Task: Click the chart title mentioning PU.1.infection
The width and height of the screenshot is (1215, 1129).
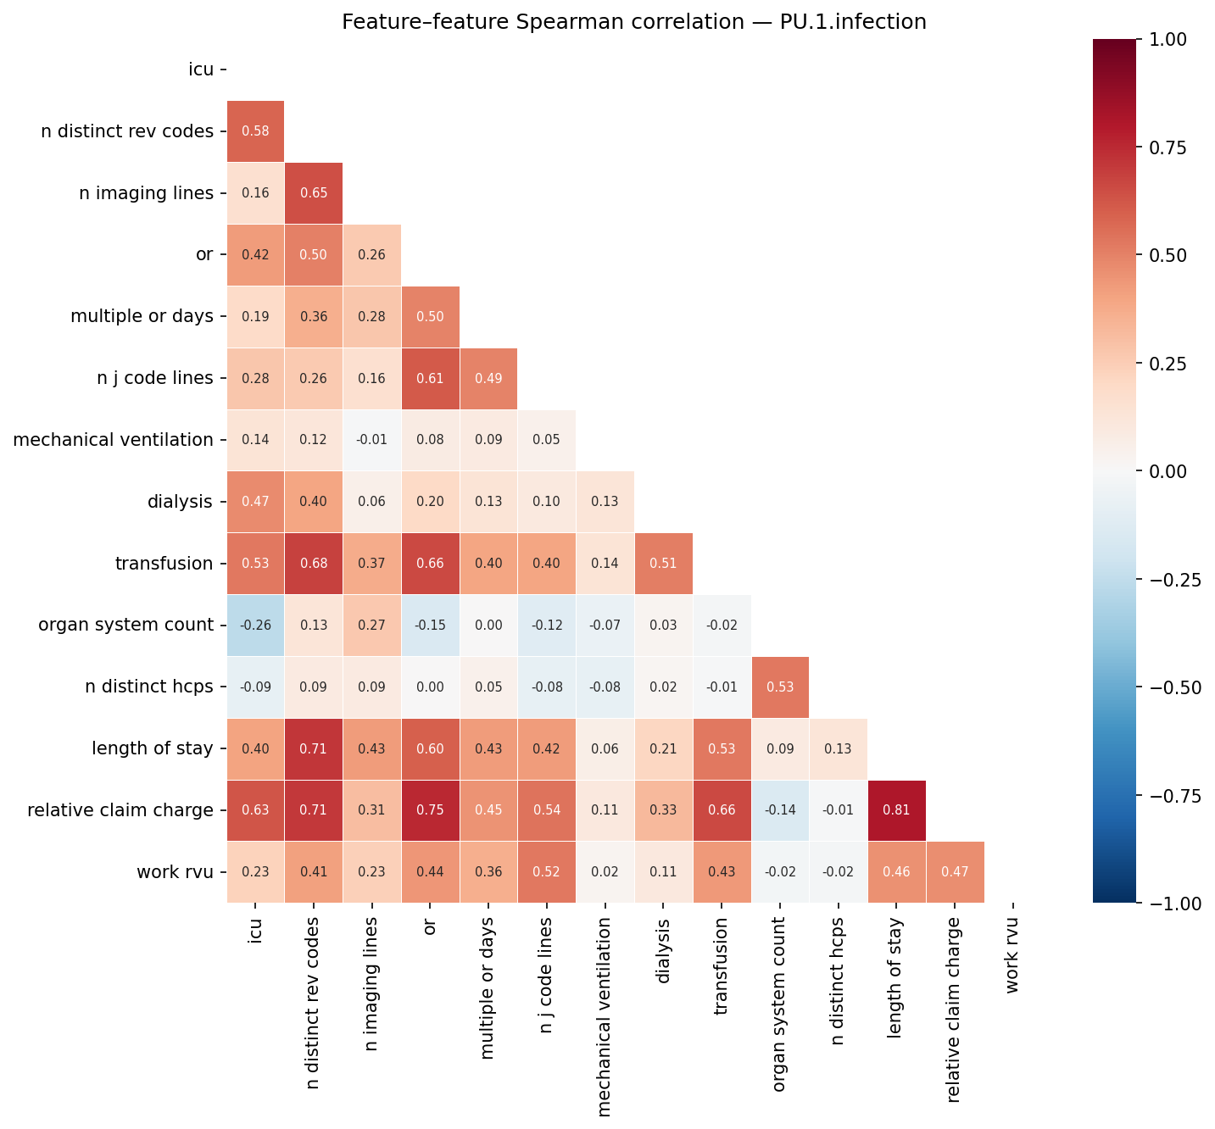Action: [633, 22]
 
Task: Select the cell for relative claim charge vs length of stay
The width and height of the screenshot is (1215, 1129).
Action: [897, 810]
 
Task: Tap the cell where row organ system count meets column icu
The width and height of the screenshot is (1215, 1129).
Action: [255, 626]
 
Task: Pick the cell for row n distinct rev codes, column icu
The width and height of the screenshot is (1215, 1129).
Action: [255, 131]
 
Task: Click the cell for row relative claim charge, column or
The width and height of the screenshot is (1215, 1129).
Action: [430, 810]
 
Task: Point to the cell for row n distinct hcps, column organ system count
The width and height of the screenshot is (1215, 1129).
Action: [780, 687]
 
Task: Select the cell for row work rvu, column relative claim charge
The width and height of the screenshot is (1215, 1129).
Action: [956, 872]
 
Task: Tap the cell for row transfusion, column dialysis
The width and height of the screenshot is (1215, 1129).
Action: [664, 564]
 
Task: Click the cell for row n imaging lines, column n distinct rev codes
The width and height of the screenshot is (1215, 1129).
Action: [314, 193]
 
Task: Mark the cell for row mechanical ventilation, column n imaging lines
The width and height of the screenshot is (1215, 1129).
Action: [371, 440]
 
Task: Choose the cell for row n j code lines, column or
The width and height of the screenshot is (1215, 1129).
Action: [430, 378]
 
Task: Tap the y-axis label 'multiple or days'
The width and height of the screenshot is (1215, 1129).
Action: [142, 316]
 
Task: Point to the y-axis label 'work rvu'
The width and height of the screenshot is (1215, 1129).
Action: [175, 872]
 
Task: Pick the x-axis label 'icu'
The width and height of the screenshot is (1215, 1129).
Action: [255, 930]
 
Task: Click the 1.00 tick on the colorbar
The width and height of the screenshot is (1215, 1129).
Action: [1168, 39]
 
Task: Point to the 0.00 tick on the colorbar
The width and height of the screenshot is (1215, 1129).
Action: [1168, 471]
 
